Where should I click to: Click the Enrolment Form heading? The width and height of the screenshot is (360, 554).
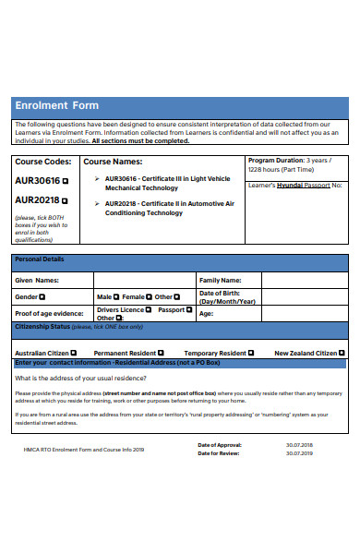coord(56,105)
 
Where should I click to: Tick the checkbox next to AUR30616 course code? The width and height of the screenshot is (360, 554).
coord(65,180)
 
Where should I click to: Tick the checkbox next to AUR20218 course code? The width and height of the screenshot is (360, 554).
coord(65,199)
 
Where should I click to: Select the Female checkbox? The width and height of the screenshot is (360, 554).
coord(150,296)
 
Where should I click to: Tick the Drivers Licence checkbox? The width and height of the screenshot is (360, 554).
coord(148,310)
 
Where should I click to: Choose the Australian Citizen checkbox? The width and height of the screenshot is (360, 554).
coord(73,353)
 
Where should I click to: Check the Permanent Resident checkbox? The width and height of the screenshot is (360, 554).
coord(162,353)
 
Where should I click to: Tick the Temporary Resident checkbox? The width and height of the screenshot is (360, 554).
coord(252,353)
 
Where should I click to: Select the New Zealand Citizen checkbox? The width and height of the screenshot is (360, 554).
coord(342,353)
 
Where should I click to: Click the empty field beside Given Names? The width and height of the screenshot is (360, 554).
coord(143,280)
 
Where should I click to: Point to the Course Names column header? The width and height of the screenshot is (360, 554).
coord(115,162)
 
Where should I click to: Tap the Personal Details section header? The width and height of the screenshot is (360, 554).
coord(40,259)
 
